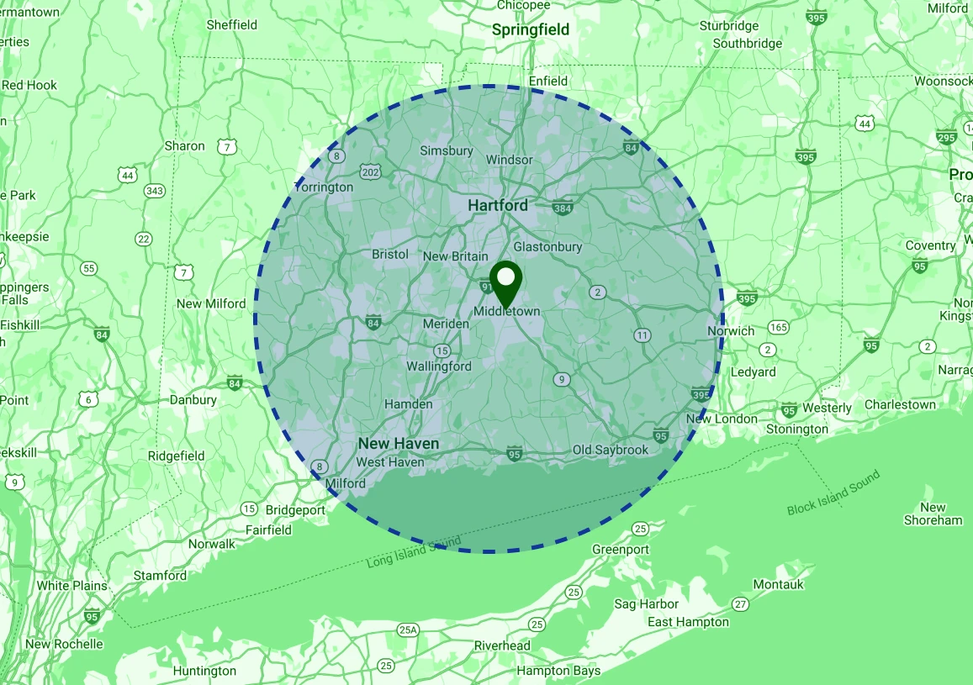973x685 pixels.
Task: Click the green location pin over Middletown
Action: pyautogui.click(x=505, y=282)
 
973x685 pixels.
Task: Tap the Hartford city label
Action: pyautogui.click(x=498, y=205)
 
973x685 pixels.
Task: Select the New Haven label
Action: pyautogui.click(x=398, y=443)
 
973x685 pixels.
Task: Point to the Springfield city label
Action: pyautogui.click(x=530, y=30)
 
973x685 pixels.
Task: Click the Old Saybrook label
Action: pyautogui.click(x=611, y=450)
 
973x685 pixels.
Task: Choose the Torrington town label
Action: pyautogui.click(x=324, y=187)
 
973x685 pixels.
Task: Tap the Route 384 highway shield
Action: pyautogui.click(x=563, y=208)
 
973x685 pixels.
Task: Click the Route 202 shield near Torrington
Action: pyautogui.click(x=370, y=172)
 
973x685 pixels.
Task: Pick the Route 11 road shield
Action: pyautogui.click(x=642, y=335)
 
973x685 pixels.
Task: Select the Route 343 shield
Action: pyautogui.click(x=154, y=191)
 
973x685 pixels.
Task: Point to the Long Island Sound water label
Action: pyautogui.click(x=414, y=554)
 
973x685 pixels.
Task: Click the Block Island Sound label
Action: pyautogui.click(x=833, y=493)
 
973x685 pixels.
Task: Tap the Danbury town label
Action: pyautogui.click(x=193, y=400)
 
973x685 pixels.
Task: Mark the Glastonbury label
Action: pyautogui.click(x=547, y=247)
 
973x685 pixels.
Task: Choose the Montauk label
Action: pyautogui.click(x=778, y=584)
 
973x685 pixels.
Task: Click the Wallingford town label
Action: pyautogui.click(x=439, y=366)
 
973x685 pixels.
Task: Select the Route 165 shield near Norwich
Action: pyautogui.click(x=778, y=327)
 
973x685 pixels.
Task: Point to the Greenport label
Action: pyautogui.click(x=621, y=549)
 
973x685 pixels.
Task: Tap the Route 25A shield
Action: pyautogui.click(x=409, y=630)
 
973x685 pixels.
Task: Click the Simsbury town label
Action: pyautogui.click(x=447, y=151)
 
